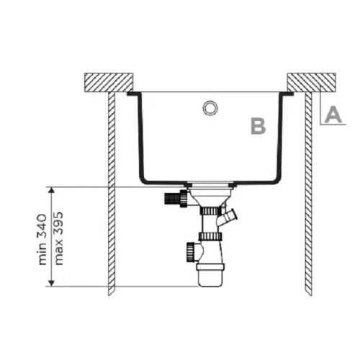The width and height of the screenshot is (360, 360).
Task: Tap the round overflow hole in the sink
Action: (210, 107)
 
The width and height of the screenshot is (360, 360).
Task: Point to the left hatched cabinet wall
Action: (112, 194)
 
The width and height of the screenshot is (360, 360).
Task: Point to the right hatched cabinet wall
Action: (308, 194)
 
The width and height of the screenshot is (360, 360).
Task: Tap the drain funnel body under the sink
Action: (210, 196)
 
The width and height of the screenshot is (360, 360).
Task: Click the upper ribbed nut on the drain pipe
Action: (210, 212)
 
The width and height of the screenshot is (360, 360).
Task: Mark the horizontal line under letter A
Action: (333, 124)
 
